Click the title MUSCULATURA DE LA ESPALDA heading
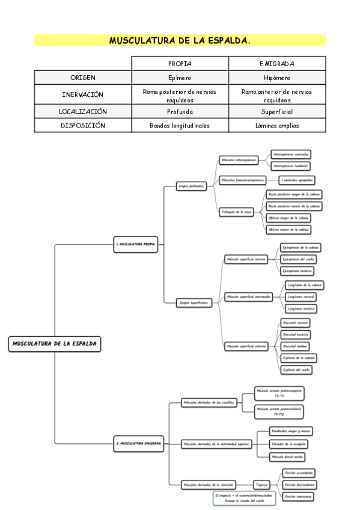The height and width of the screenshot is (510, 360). [x=180, y=41]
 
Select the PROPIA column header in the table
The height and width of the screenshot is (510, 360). [x=180, y=63]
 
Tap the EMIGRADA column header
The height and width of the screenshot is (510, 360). [x=276, y=63]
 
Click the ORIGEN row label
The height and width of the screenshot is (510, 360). [x=83, y=78]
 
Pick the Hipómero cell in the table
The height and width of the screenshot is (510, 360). [x=276, y=78]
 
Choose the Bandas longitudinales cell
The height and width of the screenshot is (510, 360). [x=180, y=126]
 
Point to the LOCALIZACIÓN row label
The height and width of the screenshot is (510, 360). [x=83, y=111]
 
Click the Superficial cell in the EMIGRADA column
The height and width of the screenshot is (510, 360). [x=276, y=111]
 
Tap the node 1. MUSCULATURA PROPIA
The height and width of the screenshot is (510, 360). [x=136, y=244]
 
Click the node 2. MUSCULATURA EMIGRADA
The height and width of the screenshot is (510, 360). [x=139, y=443]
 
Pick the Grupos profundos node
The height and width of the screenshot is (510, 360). [x=192, y=186]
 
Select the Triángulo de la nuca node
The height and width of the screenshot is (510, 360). [x=236, y=212]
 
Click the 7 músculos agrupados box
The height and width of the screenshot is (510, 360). [x=297, y=180]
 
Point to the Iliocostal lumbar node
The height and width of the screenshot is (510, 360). [x=295, y=346]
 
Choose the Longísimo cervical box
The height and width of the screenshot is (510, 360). [x=301, y=296]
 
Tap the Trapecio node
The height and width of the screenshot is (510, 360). [x=261, y=484]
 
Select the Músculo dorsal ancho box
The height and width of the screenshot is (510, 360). [x=290, y=456]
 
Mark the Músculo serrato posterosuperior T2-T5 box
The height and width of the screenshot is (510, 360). [x=279, y=393]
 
